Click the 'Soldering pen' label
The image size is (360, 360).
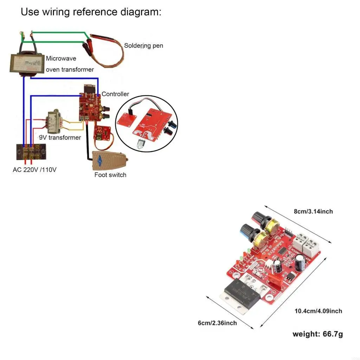tap(143, 46)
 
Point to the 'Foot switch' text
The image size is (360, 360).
tap(110, 175)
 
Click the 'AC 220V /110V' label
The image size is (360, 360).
tap(34, 170)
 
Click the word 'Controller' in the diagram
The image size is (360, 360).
tap(115, 94)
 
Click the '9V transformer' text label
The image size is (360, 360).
tap(60, 137)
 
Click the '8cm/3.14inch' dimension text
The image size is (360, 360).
tap(313, 212)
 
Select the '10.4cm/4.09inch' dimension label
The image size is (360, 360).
tap(318, 311)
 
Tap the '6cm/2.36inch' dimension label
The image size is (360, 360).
tap(217, 323)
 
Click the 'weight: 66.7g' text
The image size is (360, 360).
tap(317, 334)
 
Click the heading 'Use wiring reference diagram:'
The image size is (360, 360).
tap(91, 12)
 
